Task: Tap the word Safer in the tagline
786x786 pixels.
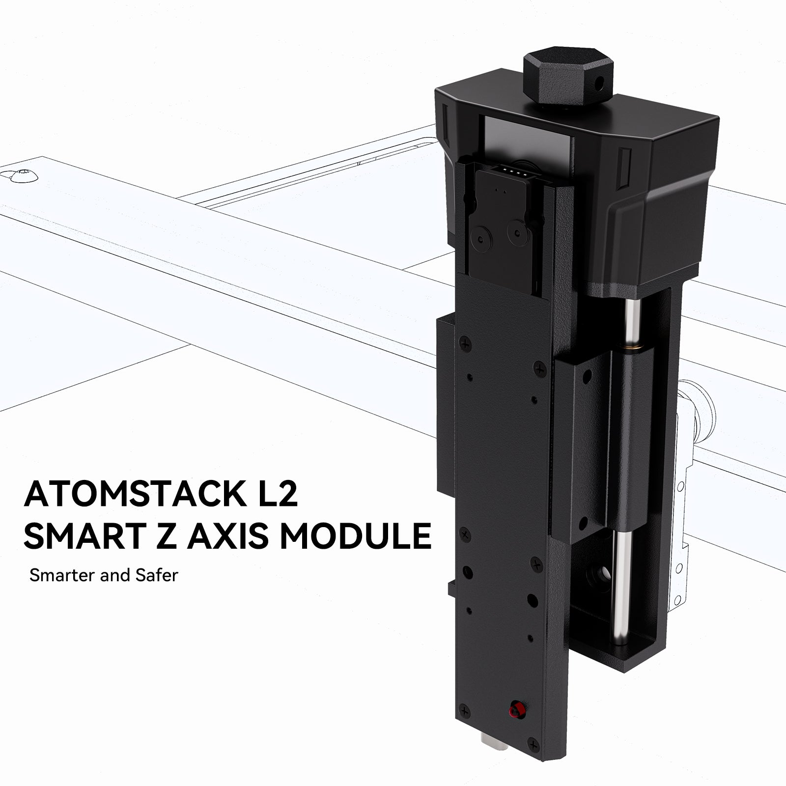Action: pyautogui.click(x=157, y=575)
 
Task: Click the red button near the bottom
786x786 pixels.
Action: pyautogui.click(x=514, y=723)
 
